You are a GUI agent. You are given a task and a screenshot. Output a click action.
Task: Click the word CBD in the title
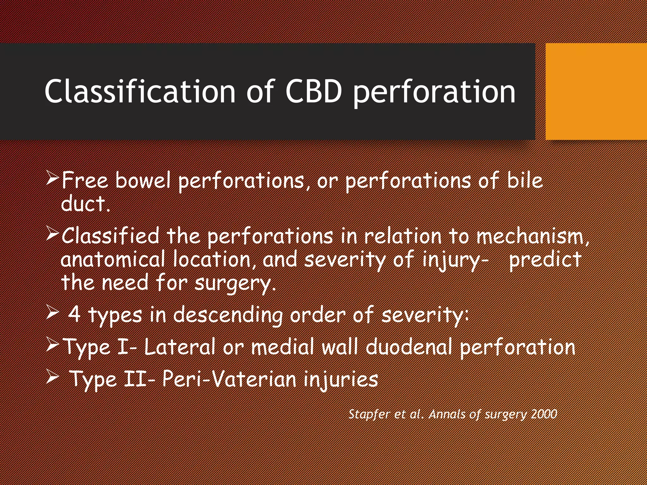click(x=313, y=92)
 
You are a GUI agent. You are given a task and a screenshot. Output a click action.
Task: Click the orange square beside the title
click(x=596, y=92)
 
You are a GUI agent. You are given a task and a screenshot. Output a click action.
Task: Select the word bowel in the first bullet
click(x=143, y=180)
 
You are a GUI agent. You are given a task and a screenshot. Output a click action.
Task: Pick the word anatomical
click(x=113, y=259)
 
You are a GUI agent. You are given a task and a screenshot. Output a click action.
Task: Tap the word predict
click(x=545, y=260)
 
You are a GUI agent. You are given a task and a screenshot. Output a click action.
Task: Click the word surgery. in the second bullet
click(x=235, y=283)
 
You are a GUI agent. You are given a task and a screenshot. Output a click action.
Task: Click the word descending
click(x=228, y=315)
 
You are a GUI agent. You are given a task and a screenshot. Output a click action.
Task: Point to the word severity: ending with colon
click(x=425, y=315)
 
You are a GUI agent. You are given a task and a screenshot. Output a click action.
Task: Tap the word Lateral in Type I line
click(x=179, y=347)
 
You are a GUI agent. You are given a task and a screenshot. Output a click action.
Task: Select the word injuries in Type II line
click(x=341, y=379)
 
